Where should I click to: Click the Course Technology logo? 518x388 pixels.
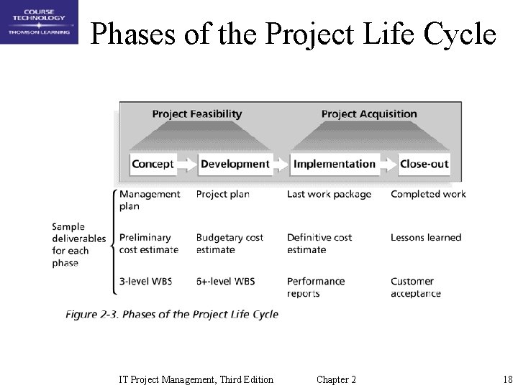coord(40,22)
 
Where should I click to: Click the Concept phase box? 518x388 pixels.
coord(153,164)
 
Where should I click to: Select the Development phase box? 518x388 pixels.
coord(235,164)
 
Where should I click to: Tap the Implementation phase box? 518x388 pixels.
coord(334,164)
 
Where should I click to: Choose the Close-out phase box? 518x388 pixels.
coord(424,164)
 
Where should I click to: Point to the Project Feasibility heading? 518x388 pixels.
coord(196,114)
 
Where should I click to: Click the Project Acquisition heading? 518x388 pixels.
coord(368,114)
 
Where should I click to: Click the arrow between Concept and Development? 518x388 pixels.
coord(187,165)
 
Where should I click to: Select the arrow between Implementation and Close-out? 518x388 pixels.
coord(388,165)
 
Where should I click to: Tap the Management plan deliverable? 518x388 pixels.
coord(150,200)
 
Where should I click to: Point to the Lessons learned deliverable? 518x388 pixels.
coord(425,237)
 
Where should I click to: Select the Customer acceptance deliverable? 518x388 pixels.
coord(415,287)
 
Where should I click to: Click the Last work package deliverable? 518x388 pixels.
coord(329,194)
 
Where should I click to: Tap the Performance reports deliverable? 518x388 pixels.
coord(315,287)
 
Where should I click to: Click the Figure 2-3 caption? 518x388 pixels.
coord(172,314)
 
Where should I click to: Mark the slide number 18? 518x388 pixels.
coord(507,379)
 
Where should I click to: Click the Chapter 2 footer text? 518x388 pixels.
coord(336,379)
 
